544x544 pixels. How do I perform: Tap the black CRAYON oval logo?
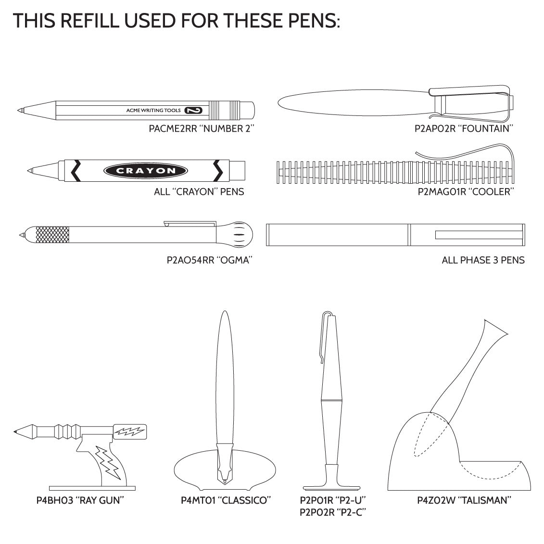146,171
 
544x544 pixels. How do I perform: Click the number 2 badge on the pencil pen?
193,110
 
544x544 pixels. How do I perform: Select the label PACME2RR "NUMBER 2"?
202,129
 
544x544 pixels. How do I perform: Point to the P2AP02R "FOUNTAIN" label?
464,129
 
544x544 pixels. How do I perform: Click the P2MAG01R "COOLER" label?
466,191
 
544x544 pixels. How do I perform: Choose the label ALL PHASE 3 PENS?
483,260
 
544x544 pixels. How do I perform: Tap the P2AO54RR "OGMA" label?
209,260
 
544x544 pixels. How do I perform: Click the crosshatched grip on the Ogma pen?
52,235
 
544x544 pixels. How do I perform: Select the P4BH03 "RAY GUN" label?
80,500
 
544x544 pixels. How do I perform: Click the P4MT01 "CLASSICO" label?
226,500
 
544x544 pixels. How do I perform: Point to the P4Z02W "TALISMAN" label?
464,500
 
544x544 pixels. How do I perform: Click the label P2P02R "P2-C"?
333,512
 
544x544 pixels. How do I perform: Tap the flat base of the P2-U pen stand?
331,488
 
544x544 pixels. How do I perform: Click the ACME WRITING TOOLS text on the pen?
153,110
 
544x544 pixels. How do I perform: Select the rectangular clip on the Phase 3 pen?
479,235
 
